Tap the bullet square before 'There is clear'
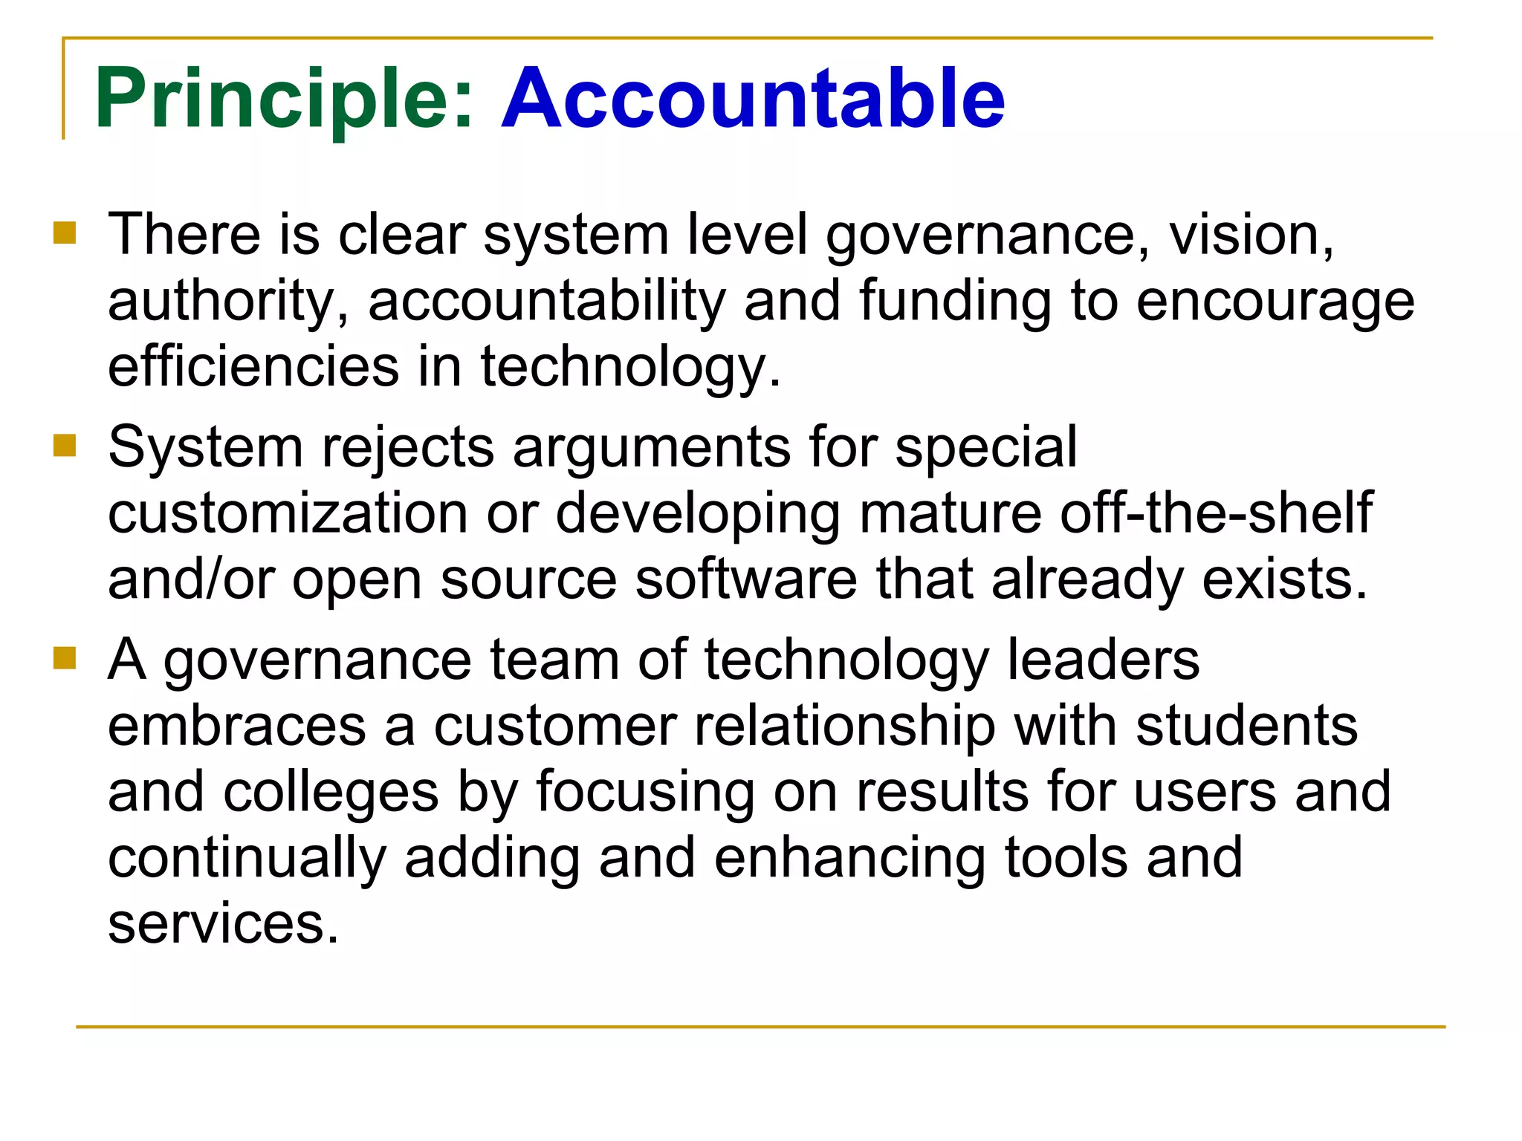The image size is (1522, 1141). coord(65,233)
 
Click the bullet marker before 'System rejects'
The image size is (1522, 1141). coord(65,446)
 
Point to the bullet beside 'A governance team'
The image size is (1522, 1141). coord(65,658)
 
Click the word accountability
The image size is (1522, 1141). coord(546,301)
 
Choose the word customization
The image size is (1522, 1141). coord(288,513)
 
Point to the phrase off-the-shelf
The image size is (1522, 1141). coord(1216,512)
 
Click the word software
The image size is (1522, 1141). coord(746,579)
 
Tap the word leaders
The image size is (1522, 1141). coord(1103,660)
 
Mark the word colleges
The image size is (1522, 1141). coord(331,792)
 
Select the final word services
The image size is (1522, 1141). coord(222,923)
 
